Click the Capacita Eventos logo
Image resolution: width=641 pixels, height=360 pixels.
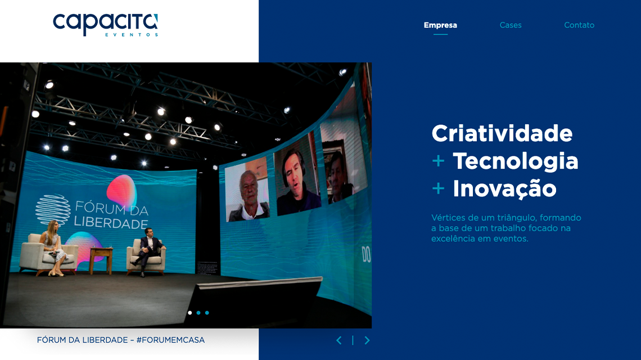105,25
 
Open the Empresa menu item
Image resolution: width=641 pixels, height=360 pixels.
440,25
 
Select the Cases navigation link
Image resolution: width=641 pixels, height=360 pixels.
511,25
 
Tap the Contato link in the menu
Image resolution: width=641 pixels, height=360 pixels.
579,25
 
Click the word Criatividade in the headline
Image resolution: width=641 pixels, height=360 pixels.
502,134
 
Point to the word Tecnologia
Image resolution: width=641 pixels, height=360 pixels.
515,161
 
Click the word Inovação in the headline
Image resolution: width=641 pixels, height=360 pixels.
504,188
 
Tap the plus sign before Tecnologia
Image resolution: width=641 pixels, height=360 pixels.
438,161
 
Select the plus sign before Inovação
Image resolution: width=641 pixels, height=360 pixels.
438,188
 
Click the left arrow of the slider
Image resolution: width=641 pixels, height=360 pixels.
338,340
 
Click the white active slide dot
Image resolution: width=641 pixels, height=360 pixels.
190,313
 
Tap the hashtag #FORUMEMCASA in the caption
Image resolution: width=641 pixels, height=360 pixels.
170,340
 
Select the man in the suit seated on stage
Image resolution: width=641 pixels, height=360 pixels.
148,250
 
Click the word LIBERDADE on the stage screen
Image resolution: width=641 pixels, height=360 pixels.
111,223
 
